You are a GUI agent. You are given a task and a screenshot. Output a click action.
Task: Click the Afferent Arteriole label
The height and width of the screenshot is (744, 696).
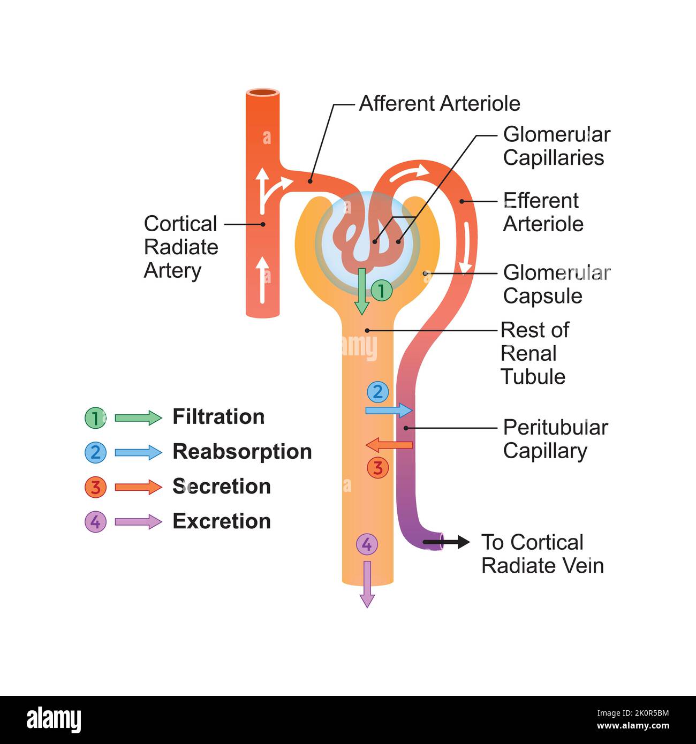point(439,103)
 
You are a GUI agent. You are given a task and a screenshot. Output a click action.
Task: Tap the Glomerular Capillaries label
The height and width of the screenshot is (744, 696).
point(556,146)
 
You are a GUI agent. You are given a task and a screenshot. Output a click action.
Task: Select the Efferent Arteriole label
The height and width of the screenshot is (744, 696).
point(542,212)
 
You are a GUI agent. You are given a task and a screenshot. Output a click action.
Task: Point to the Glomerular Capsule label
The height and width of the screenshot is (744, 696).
point(556,284)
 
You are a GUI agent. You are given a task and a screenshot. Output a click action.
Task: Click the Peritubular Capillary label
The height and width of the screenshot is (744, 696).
point(555,439)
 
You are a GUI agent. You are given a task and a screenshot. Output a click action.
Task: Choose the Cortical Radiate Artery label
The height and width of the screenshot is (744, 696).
point(181,247)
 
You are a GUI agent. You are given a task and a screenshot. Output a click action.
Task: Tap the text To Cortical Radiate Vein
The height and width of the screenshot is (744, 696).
point(542,553)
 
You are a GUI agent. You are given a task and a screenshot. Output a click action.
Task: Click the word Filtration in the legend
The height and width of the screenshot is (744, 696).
point(218,417)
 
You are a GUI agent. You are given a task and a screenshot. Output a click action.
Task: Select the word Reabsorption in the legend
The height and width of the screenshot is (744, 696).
point(242,452)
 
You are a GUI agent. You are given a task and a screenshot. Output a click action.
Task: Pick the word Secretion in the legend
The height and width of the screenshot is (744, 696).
point(221,487)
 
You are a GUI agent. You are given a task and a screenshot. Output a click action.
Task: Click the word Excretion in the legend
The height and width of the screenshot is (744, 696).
point(221,521)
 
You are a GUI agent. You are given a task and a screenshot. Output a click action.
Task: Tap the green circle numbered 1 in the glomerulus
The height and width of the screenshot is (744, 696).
point(381,291)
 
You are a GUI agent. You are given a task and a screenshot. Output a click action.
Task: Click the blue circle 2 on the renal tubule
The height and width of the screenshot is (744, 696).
point(377,392)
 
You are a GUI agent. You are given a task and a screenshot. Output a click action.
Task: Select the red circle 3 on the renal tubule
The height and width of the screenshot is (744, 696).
point(377,468)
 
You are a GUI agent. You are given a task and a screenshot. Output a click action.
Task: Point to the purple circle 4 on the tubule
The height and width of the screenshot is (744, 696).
point(367,545)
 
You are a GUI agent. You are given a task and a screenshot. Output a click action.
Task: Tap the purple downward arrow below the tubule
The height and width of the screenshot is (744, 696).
point(367,584)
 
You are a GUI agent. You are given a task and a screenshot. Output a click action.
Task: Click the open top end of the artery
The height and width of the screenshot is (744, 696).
point(263,93)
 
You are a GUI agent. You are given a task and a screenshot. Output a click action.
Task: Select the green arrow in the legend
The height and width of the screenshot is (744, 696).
point(138,417)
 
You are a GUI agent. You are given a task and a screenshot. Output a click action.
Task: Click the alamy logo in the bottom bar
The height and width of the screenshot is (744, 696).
point(54,720)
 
